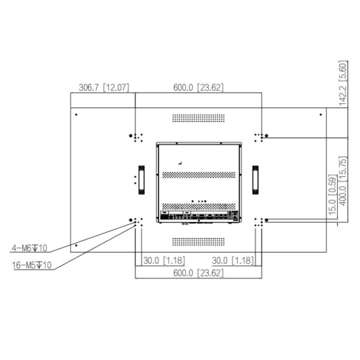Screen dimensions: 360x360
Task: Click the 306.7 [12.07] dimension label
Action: (x=104, y=88)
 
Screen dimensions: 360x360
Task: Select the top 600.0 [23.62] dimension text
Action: (x=199, y=88)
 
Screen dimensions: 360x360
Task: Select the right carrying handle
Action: (x=256, y=179)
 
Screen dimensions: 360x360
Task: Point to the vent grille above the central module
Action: (x=199, y=118)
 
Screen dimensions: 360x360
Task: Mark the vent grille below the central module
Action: (x=199, y=241)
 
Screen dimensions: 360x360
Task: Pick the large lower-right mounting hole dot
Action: (x=266, y=221)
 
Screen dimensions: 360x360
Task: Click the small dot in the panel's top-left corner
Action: (x=75, y=114)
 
